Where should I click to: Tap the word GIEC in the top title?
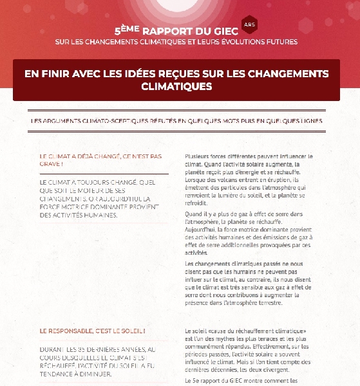coord(228,30)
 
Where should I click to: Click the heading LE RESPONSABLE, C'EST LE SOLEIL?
coord(92,331)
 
